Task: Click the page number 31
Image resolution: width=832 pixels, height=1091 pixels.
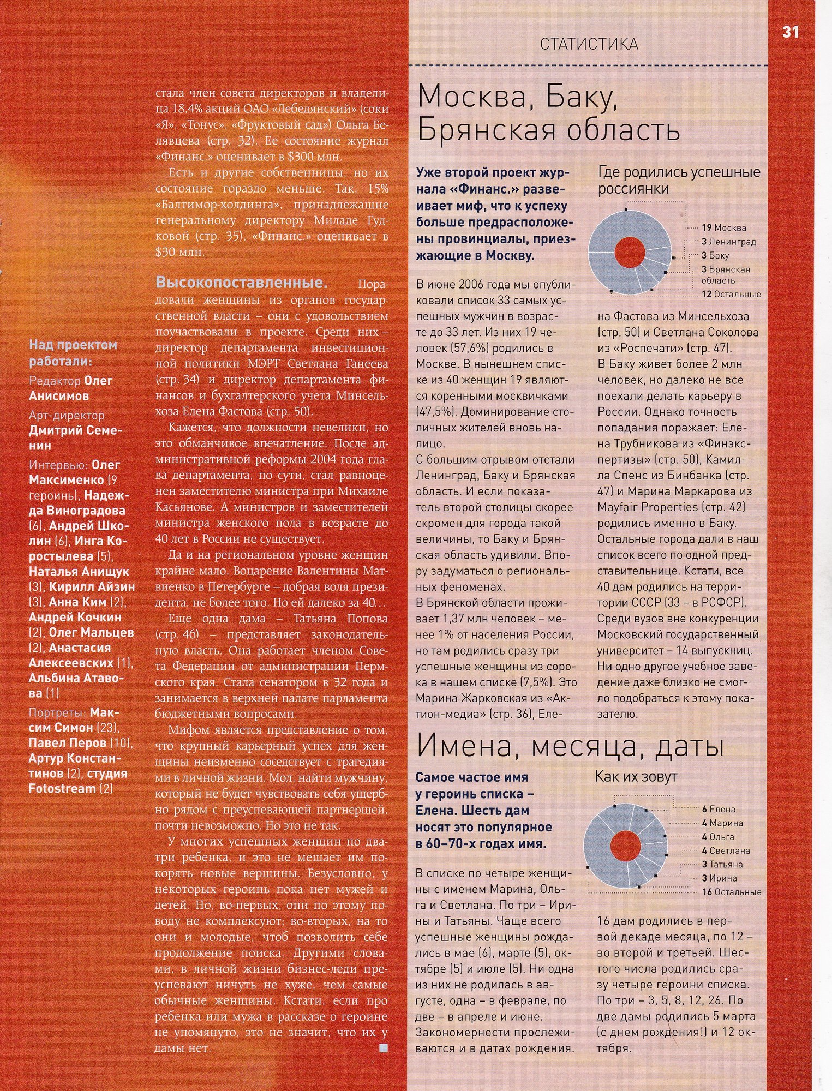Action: (790, 32)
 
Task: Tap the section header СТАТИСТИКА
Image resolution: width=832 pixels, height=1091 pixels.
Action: (589, 44)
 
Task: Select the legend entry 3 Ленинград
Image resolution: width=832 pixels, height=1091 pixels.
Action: (729, 242)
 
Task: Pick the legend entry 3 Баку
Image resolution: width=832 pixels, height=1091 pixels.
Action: (715, 255)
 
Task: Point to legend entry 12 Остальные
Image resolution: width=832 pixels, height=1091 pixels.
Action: (731, 295)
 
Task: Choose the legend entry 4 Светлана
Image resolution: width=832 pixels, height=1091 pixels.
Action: (726, 850)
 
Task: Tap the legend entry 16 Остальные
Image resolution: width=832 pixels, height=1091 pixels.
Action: (731, 892)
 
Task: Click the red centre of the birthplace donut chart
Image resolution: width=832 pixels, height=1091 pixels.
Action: (630, 253)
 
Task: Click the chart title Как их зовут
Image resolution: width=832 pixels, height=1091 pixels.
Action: (636, 776)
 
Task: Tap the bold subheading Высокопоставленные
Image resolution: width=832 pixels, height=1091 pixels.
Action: (242, 283)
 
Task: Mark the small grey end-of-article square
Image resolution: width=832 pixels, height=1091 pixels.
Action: (384, 1048)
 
